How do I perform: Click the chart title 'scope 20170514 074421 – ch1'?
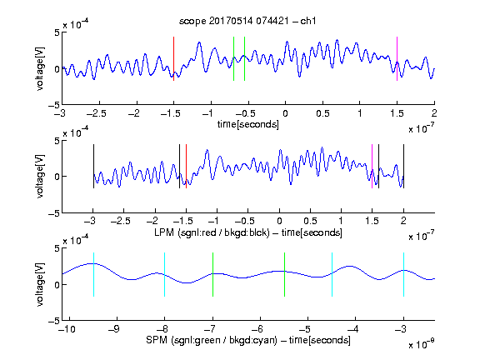pos(247,21)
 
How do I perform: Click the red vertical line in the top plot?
pos(173,59)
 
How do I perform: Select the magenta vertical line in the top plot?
pos(397,59)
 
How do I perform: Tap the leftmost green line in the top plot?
pos(233,59)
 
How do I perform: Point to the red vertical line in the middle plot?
pos(186,166)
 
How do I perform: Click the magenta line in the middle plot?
pos(372,166)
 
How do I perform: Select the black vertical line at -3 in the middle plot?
pos(93,166)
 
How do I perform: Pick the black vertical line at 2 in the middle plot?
pos(403,166)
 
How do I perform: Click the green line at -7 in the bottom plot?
pos(212,275)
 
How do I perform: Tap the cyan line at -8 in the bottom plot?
pos(165,275)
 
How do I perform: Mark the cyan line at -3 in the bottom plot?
pos(403,275)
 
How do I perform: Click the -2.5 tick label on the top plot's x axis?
pos(96,113)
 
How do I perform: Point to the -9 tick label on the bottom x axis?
pos(114,329)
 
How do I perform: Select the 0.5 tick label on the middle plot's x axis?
pos(310,221)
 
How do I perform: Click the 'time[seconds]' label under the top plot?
pos(248,124)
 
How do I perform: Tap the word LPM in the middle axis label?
pos(165,232)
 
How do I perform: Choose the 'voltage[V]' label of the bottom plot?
pos(40,284)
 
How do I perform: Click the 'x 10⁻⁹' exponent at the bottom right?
pos(421,343)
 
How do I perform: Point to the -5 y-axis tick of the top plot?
pos(54,105)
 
